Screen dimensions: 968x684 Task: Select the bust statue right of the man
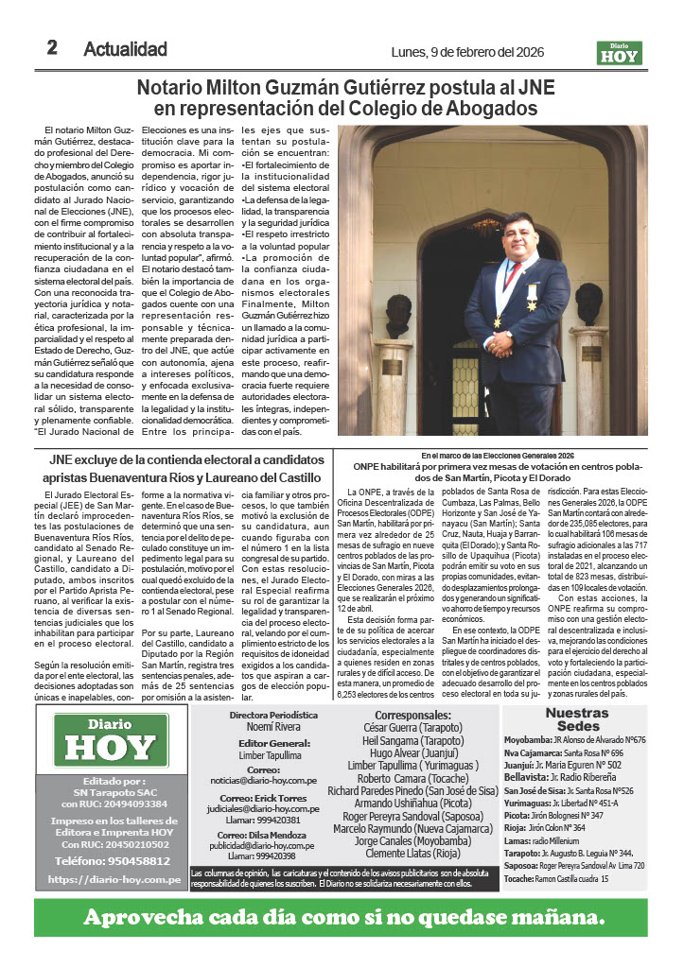(x=589, y=303)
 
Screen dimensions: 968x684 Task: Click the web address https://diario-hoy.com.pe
(x=114, y=879)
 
